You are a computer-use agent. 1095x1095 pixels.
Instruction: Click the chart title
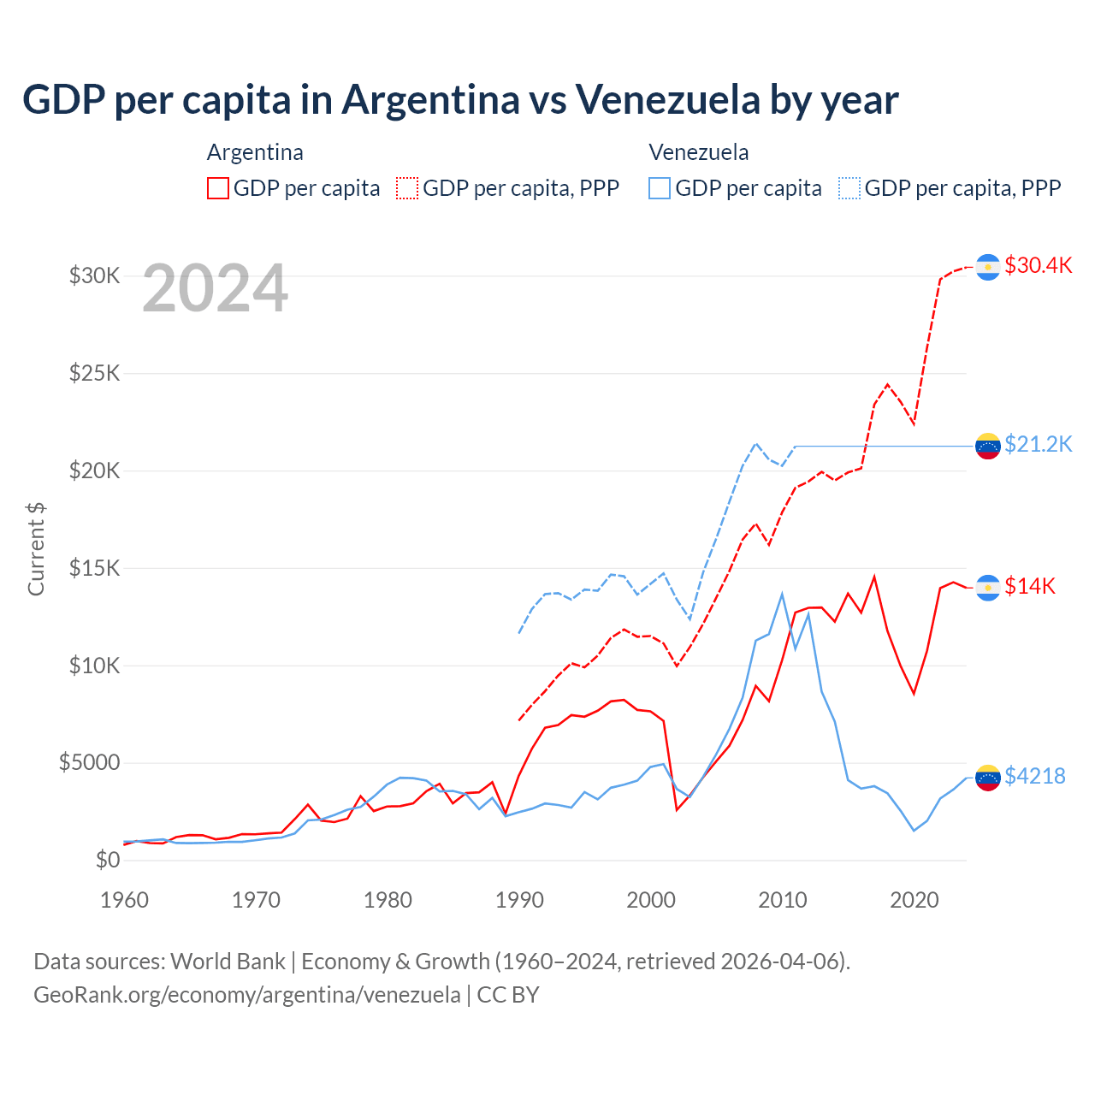(460, 100)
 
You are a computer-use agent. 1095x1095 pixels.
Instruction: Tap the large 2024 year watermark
(216, 288)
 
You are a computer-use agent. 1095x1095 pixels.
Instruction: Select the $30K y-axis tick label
(94, 275)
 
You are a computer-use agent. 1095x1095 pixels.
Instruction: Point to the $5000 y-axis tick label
(89, 762)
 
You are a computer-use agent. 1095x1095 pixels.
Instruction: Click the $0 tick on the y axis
(107, 860)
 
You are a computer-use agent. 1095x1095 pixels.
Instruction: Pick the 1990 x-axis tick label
(519, 900)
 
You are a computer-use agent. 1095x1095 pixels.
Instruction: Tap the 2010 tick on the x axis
(783, 900)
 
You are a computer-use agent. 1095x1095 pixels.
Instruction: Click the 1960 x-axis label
(125, 900)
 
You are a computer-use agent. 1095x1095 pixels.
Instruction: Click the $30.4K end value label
(1038, 265)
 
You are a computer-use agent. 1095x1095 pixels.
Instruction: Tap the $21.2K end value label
(1038, 444)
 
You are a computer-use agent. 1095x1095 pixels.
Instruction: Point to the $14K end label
(1030, 586)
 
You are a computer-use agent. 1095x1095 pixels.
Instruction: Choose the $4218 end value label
(1034, 776)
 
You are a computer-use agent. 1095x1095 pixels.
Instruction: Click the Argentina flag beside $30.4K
(988, 267)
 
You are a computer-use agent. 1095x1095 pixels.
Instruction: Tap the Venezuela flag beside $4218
(988, 777)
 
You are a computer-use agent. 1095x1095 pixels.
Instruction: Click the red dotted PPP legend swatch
(407, 188)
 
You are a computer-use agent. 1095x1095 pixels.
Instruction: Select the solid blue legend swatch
(660, 188)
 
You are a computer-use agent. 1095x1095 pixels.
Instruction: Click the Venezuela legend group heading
(699, 152)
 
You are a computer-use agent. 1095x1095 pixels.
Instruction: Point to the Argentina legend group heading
(255, 152)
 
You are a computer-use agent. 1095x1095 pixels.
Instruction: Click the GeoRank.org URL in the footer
(247, 995)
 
